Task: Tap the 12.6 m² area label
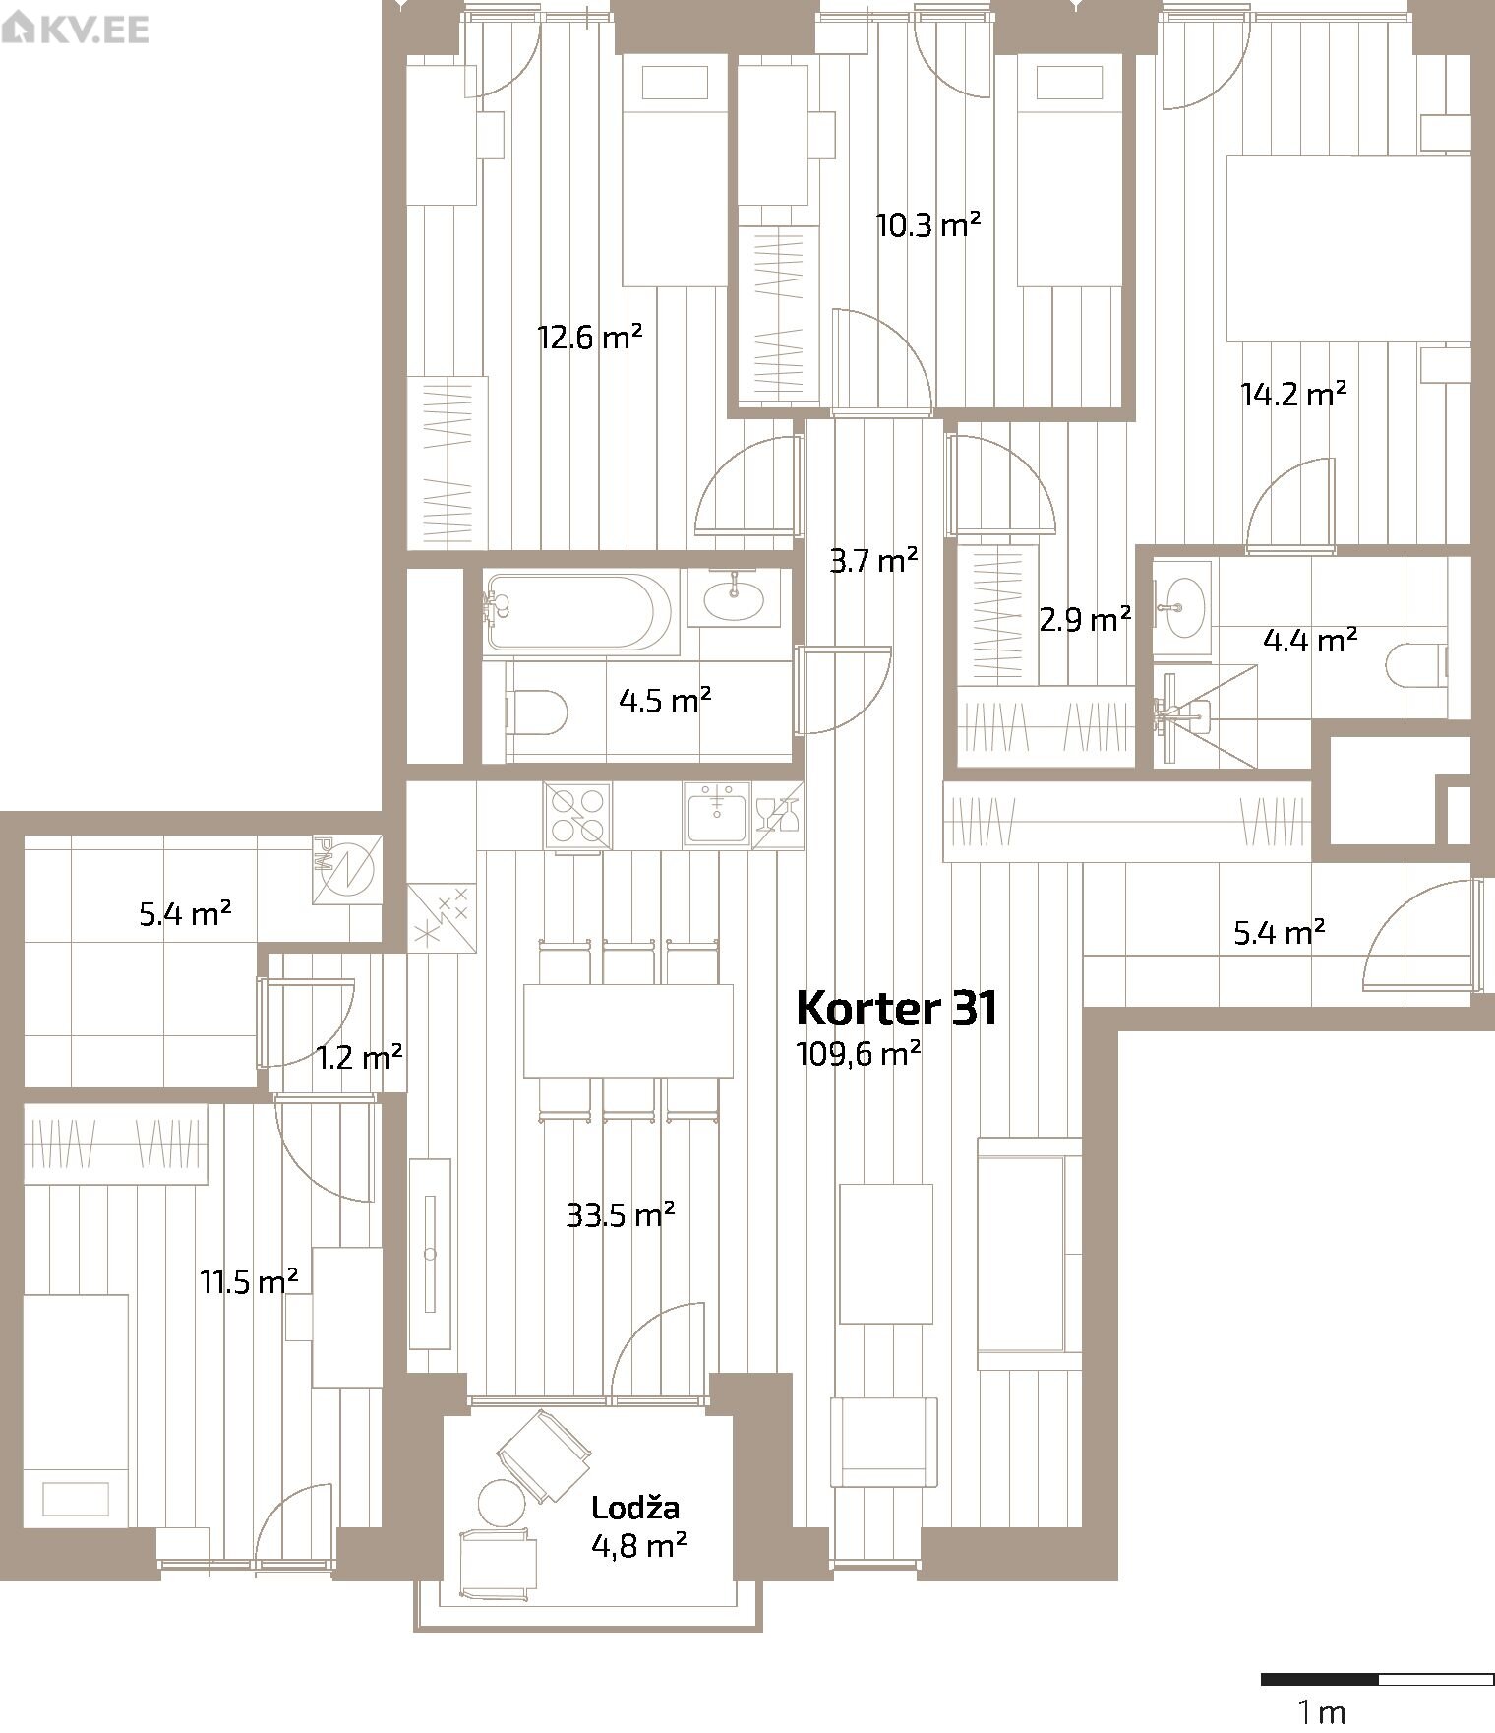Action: [590, 338]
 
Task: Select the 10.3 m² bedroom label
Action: [928, 225]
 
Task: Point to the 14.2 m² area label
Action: [1293, 395]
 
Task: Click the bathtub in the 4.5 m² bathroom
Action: [580, 612]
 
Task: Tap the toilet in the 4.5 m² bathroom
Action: [537, 712]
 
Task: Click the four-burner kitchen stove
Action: [577, 815]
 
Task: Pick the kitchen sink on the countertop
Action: [717, 814]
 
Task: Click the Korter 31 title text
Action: [896, 1008]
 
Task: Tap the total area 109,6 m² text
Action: [859, 1053]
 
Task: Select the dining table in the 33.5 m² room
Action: [628, 1030]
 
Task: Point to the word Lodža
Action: [635, 1507]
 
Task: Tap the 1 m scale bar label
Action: [1321, 1712]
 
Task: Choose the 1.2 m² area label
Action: [359, 1058]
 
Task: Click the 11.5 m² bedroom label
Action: [250, 1282]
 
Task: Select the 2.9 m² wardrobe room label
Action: [1085, 619]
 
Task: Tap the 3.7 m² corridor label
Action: [873, 561]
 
